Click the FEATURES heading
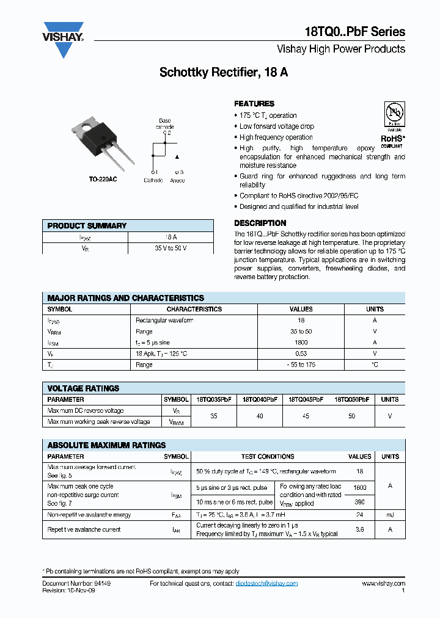tap(254, 104)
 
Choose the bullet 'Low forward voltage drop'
tap(277, 126)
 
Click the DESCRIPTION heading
tap(260, 224)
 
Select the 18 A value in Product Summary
tap(170, 237)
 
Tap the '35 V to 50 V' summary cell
tap(170, 249)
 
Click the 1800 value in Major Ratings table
tap(301, 343)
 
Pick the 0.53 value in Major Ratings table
tap(301, 354)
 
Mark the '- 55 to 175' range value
tap(301, 365)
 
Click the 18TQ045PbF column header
tap(306, 399)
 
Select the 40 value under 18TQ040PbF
tap(260, 416)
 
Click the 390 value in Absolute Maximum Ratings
tap(360, 501)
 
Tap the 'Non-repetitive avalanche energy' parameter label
tap(89, 515)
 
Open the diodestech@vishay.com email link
tap(266, 584)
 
